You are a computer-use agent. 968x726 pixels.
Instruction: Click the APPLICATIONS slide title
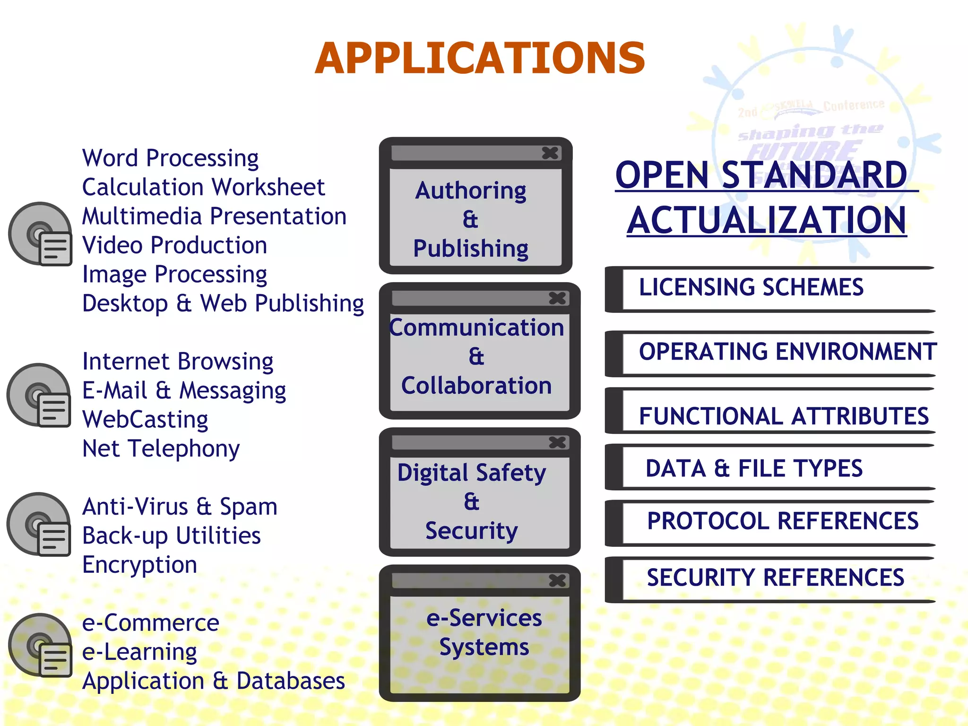(x=480, y=59)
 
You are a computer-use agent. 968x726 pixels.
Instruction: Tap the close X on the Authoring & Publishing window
(x=550, y=153)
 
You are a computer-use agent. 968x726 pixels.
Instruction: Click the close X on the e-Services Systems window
(x=557, y=580)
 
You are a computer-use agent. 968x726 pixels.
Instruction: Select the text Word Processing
(x=170, y=158)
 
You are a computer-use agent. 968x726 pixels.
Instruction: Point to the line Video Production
(x=174, y=245)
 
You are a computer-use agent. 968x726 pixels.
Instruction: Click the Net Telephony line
(x=161, y=449)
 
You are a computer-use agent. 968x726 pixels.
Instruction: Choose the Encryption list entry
(x=139, y=565)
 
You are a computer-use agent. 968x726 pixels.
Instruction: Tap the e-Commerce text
(x=150, y=623)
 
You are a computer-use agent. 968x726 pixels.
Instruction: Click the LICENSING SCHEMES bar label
(x=751, y=287)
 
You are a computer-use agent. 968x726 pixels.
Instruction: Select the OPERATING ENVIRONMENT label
(x=787, y=352)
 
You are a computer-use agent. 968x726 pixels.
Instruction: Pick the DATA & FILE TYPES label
(x=754, y=468)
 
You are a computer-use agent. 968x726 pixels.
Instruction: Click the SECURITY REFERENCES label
(x=775, y=578)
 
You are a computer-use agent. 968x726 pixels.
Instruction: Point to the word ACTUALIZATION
(x=767, y=221)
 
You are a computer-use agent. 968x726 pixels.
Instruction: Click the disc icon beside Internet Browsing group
(x=39, y=395)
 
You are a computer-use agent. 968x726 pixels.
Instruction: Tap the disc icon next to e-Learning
(x=40, y=645)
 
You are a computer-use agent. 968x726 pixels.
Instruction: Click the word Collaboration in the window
(x=476, y=386)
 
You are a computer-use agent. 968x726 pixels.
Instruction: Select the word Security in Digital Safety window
(x=471, y=531)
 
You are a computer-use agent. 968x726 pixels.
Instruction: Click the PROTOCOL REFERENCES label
(x=783, y=521)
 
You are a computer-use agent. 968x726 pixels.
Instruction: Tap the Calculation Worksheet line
(x=203, y=187)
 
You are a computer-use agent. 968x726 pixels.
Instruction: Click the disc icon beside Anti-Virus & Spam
(x=39, y=524)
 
